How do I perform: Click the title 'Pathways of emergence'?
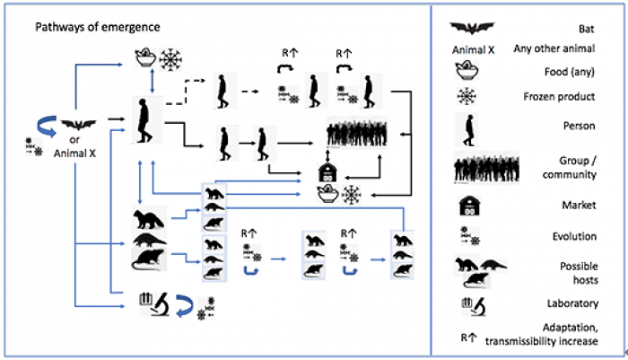click(98, 27)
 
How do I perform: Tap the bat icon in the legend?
click(472, 28)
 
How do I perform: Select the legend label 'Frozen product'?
click(559, 97)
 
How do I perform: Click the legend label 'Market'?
click(580, 205)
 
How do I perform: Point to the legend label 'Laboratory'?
click(572, 303)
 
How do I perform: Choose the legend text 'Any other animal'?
click(554, 48)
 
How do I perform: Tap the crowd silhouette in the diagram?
click(356, 132)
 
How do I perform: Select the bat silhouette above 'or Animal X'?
click(78, 125)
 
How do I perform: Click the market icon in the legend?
click(469, 206)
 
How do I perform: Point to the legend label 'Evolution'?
click(574, 236)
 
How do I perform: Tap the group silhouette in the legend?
click(486, 167)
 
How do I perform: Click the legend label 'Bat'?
click(587, 29)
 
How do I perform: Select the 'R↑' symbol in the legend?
click(468, 338)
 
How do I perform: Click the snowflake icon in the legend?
click(467, 96)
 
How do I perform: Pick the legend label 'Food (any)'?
click(569, 72)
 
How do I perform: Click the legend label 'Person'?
click(580, 126)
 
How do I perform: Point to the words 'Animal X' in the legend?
click(473, 50)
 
